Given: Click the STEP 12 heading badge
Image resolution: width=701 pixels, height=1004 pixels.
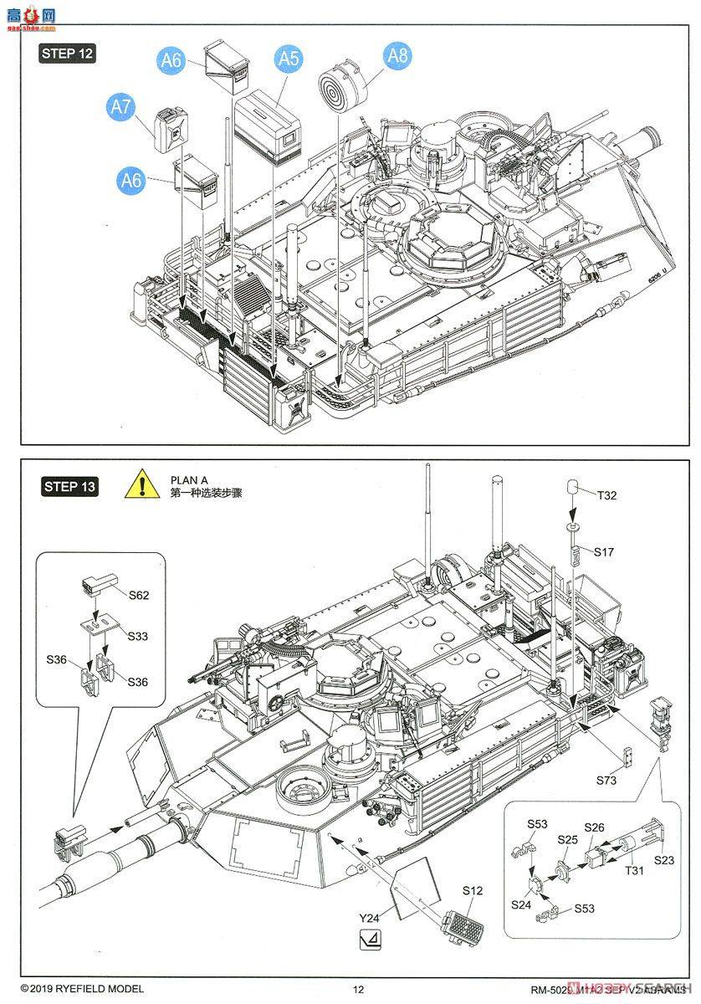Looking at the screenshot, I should tap(68, 54).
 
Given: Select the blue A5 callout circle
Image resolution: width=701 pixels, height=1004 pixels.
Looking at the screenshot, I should tap(289, 59).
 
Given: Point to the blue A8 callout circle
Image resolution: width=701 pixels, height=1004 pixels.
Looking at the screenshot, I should tap(397, 56).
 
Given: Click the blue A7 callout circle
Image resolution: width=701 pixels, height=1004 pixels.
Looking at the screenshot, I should tap(121, 107).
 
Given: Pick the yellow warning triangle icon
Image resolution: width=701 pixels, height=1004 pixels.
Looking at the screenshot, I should tap(143, 485).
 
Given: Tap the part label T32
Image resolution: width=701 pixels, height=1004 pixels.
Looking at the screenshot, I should tap(606, 495).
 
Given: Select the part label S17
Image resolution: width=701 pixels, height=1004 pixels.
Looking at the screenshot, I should tap(604, 551).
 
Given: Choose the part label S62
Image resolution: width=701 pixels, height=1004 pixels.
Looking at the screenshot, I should tap(139, 595).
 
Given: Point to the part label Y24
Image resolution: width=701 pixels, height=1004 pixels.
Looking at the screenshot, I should tap(369, 918).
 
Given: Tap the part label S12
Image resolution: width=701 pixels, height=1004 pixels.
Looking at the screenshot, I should tap(473, 891).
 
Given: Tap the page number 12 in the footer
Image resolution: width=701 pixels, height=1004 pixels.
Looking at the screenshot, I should tap(358, 989).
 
